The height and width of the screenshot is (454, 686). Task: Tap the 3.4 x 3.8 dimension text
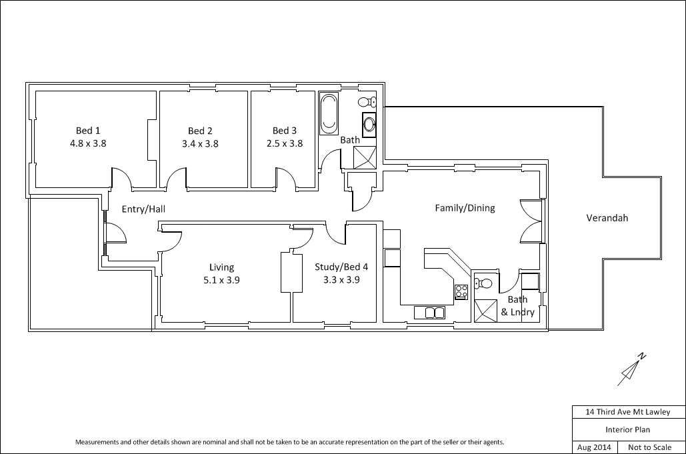point(200,143)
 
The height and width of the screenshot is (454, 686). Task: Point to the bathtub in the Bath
point(329,114)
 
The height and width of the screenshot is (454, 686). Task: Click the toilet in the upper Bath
point(367,102)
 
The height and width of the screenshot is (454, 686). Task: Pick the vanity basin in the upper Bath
point(369,124)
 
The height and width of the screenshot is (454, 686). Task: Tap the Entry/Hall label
point(143,209)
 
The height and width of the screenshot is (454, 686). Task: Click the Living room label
point(221,267)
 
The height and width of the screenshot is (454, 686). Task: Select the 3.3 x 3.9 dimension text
point(341,280)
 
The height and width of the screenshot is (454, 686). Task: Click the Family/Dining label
point(465,208)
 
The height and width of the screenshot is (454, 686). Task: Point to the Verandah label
point(607,218)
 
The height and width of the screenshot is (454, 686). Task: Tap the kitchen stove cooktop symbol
point(461,291)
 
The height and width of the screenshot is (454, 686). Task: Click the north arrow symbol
point(631,369)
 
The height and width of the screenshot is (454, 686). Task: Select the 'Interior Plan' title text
point(627,430)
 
